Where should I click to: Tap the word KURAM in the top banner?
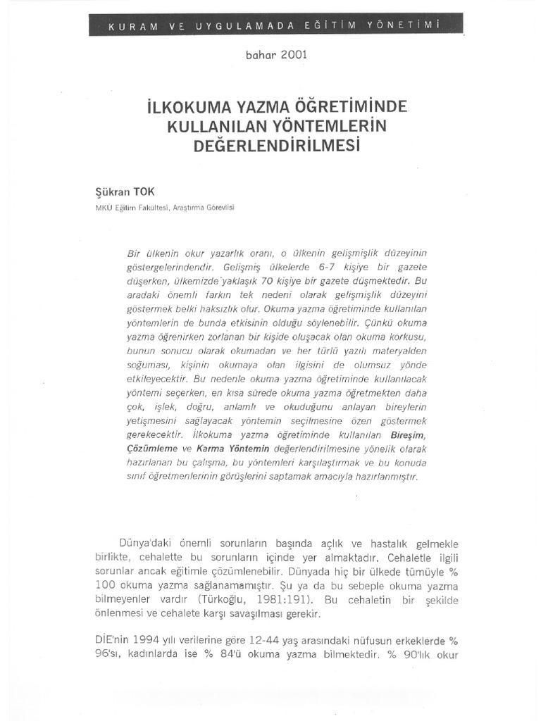(131, 26)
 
